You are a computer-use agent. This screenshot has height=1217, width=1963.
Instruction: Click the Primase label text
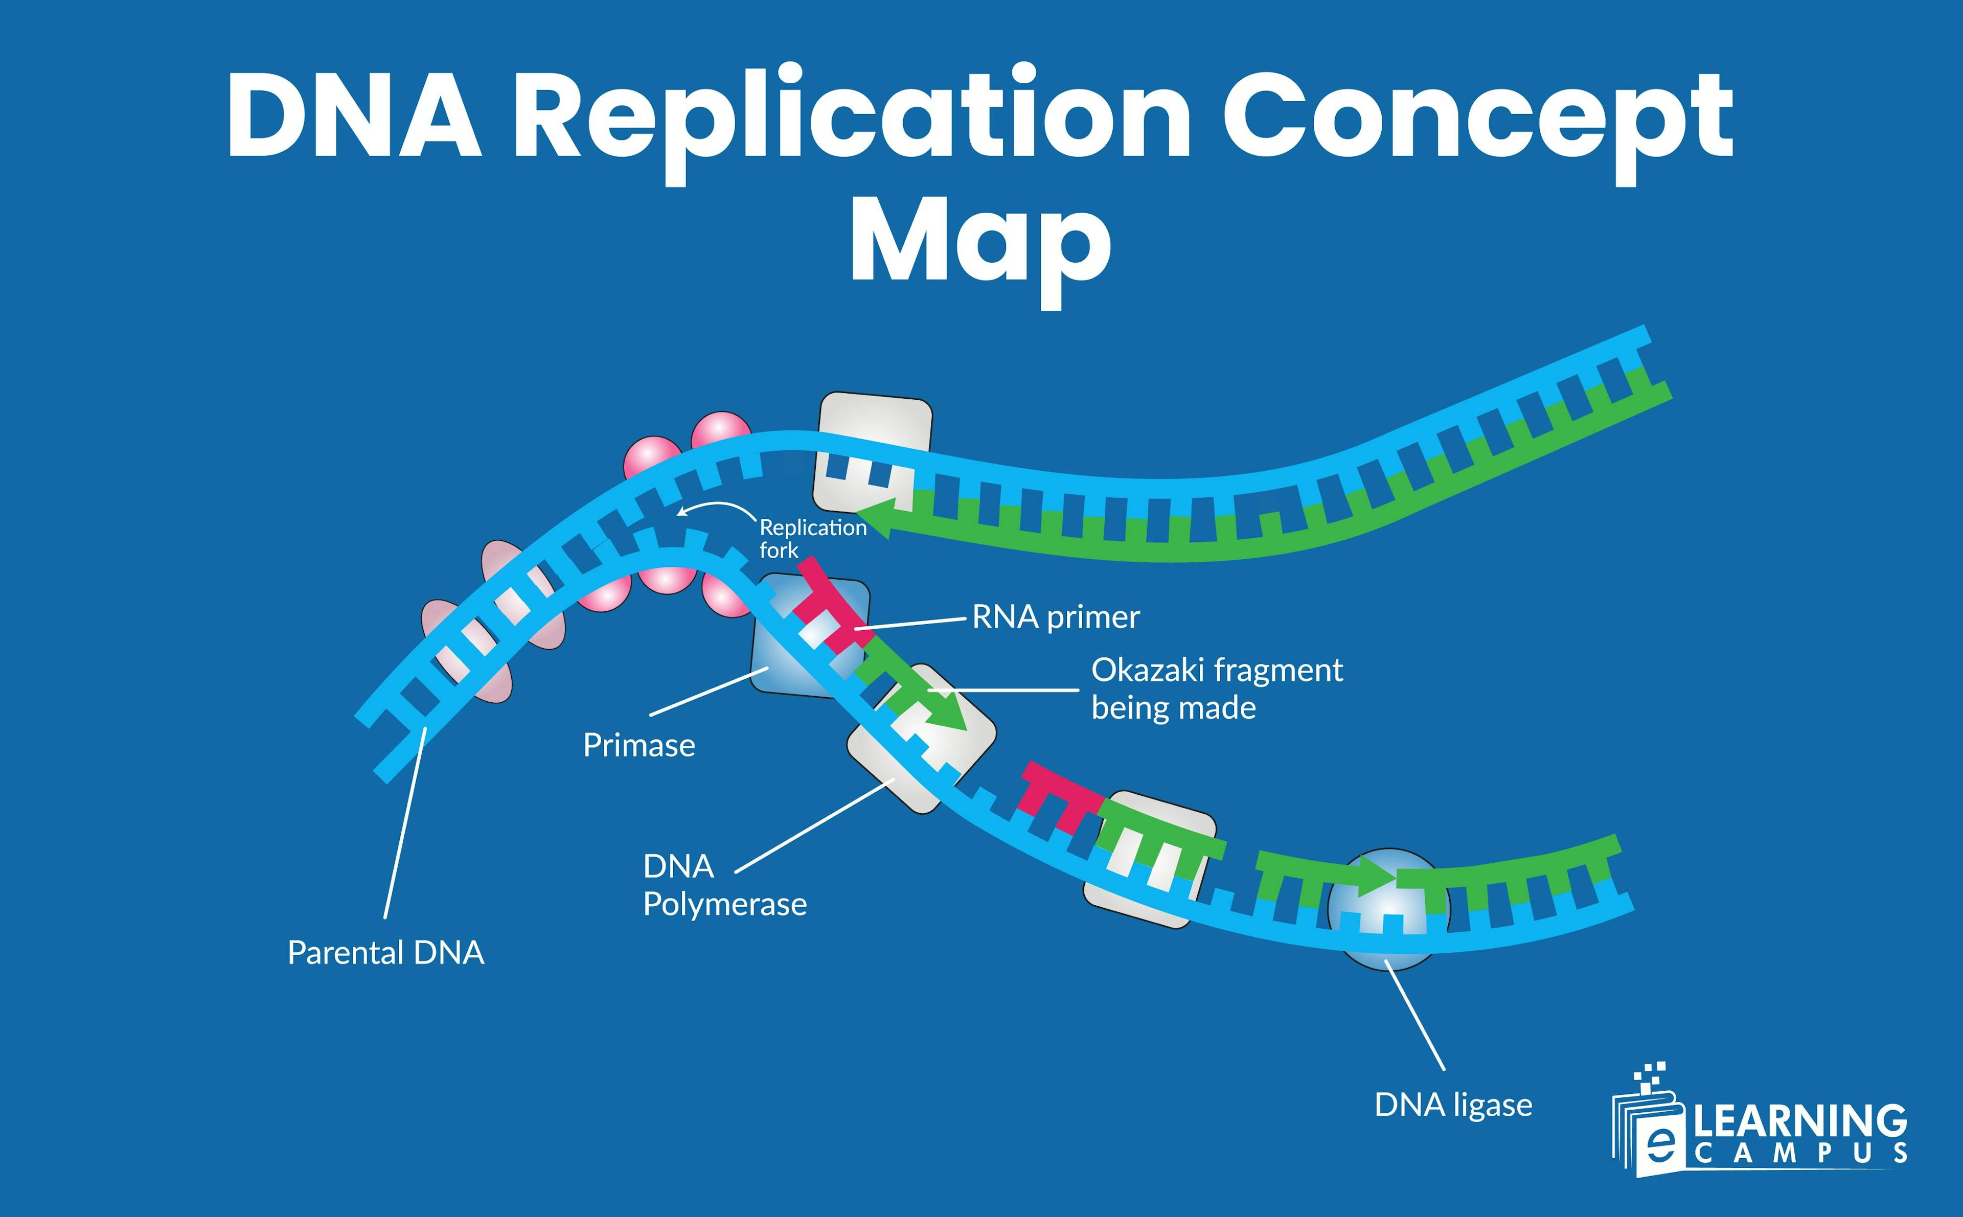638,745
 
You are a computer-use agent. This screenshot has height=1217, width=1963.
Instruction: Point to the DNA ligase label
1453,1105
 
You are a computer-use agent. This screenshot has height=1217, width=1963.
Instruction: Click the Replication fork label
811,538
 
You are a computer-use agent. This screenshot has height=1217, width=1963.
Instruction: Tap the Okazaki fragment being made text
1215,689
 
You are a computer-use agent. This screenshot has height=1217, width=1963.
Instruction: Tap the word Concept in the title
1477,117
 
